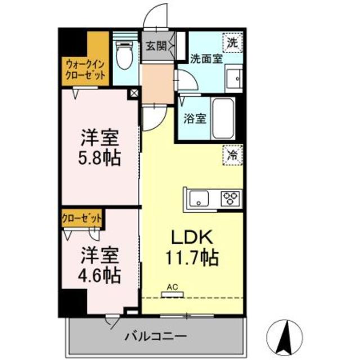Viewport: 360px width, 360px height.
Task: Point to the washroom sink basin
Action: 232,77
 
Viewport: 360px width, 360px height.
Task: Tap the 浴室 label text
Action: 195,119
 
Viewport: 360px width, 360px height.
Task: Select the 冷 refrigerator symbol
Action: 232,154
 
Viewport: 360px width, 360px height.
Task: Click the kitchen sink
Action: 198,199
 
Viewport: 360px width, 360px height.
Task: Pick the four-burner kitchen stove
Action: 229,198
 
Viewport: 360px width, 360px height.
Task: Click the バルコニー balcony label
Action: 156,336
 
